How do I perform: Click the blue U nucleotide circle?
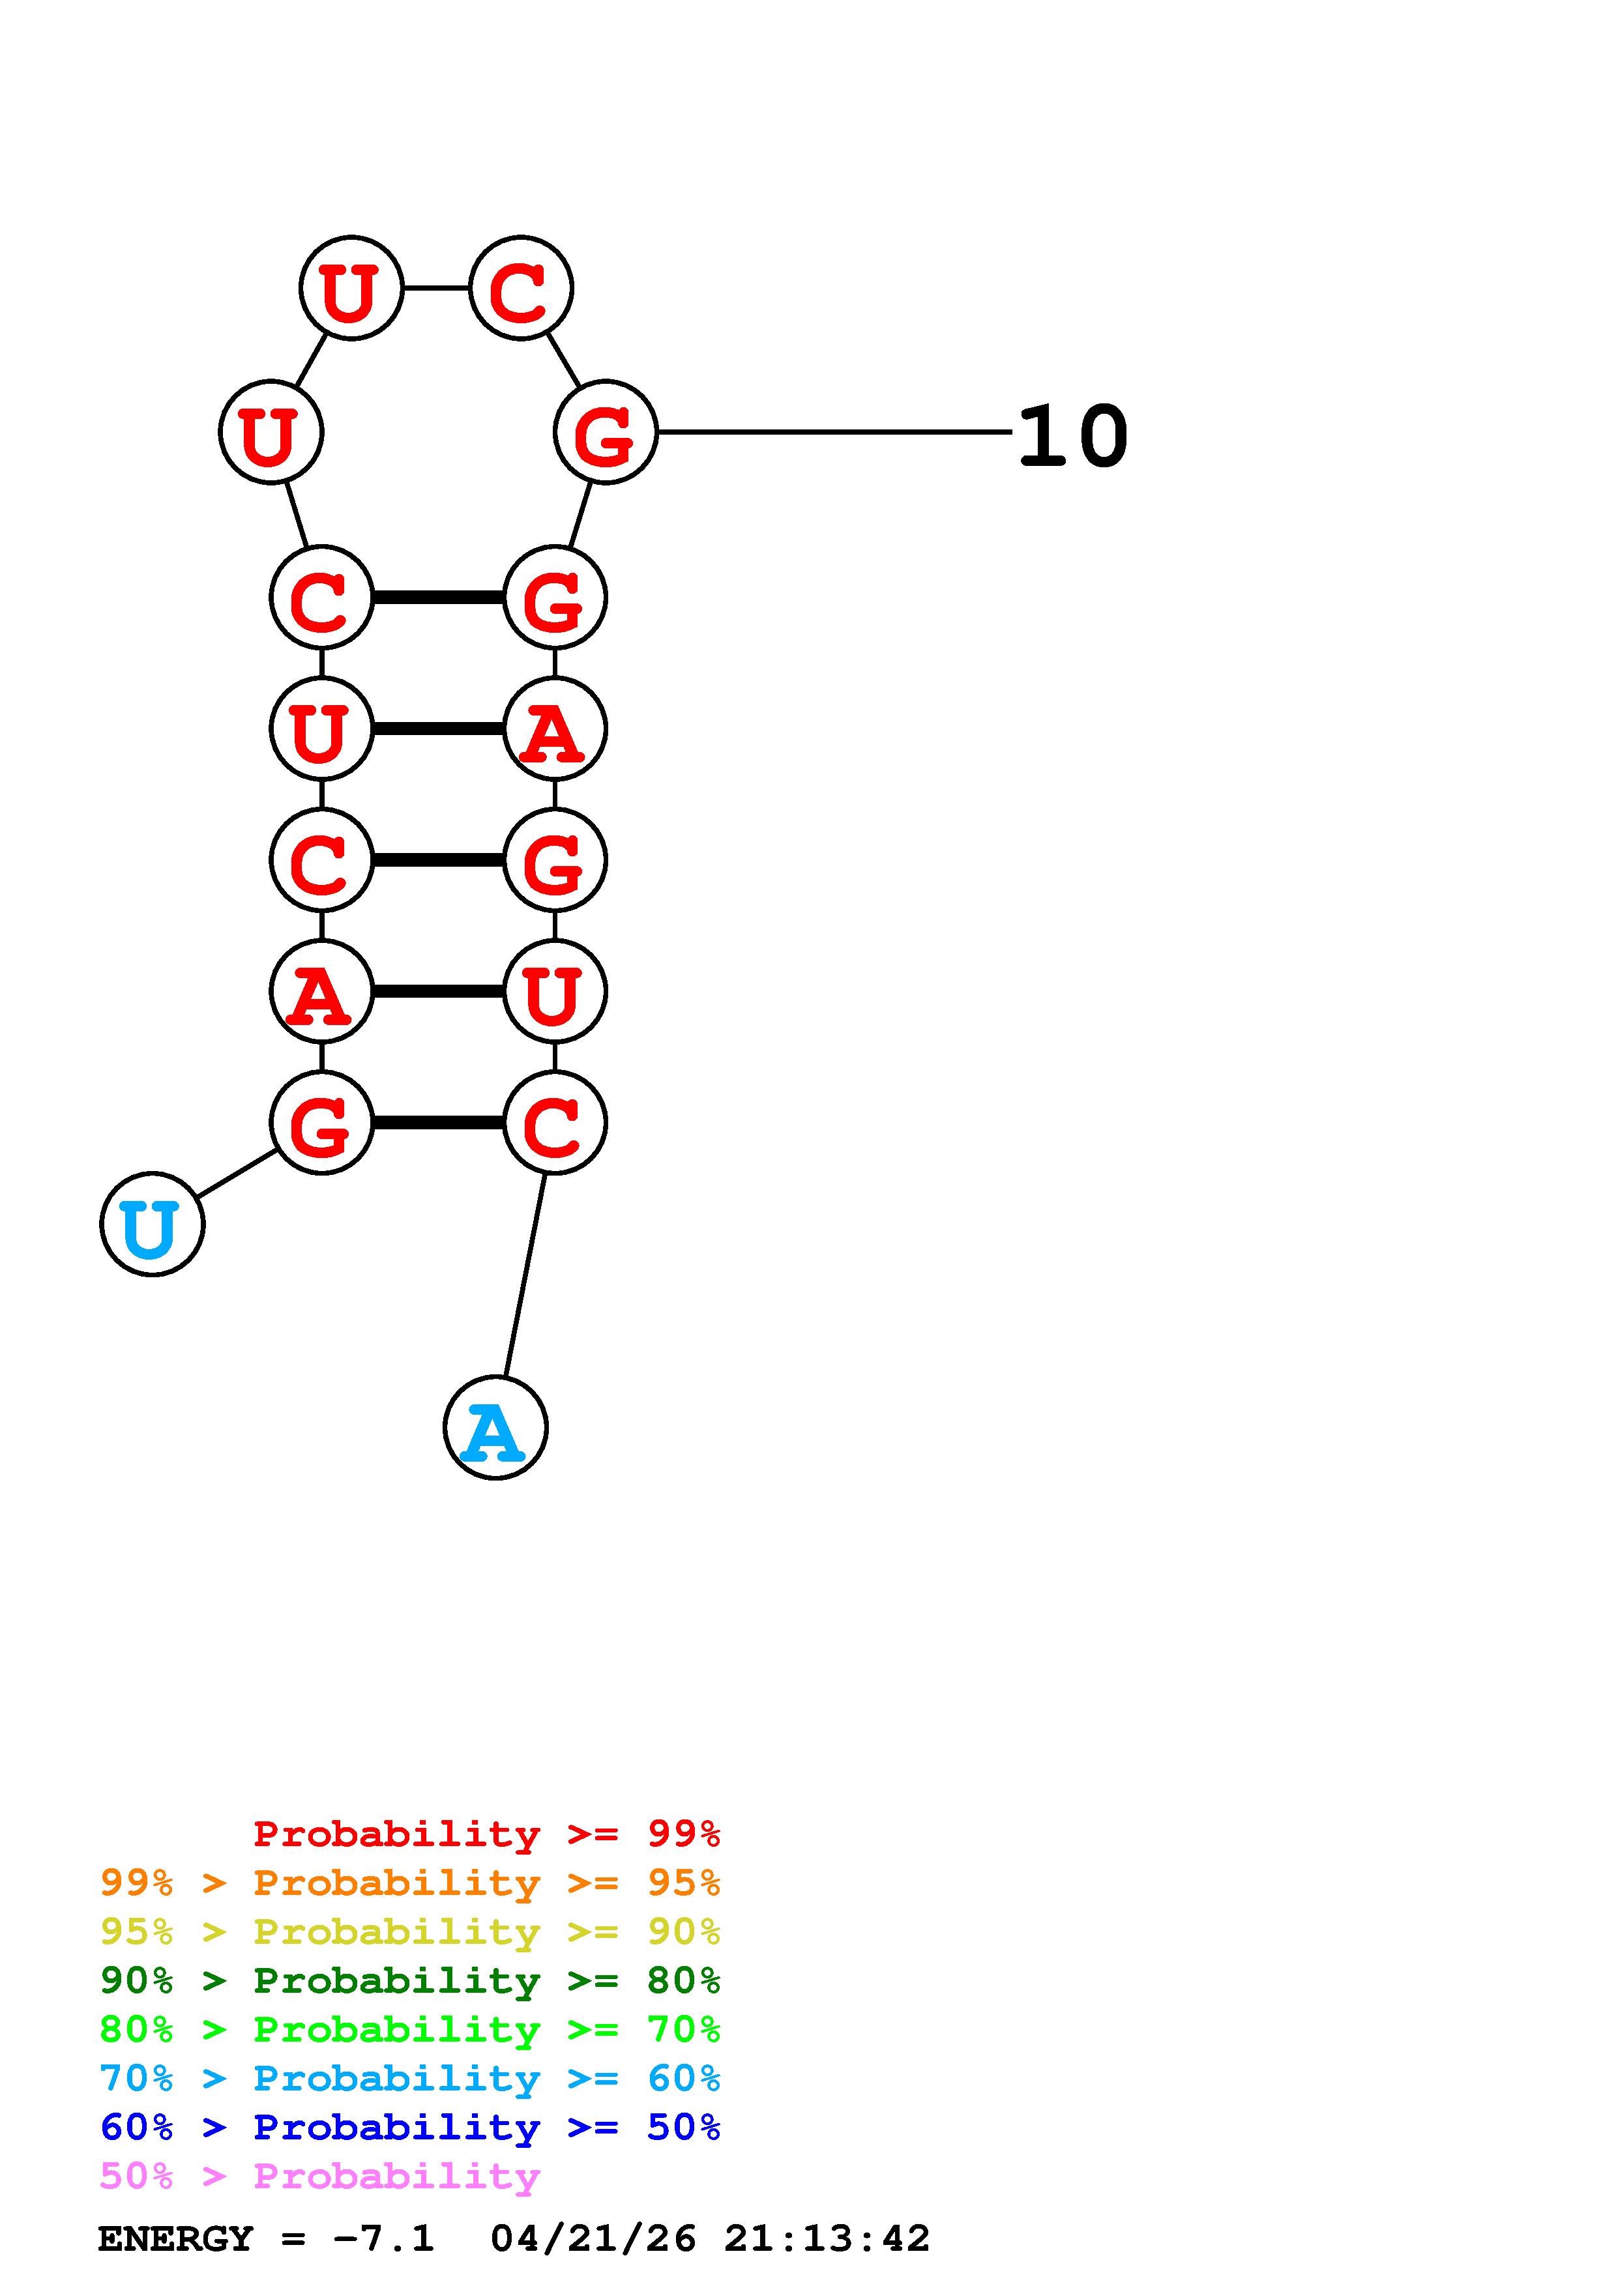pos(153,1224)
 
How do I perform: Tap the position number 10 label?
pos(1074,435)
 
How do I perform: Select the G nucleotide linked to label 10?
pos(606,432)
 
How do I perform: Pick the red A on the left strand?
pos(321,992)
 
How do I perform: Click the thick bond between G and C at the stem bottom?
pos(438,1123)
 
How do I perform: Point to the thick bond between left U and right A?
pos(438,729)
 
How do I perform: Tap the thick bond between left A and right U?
pos(438,992)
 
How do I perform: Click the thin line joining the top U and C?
pos(436,288)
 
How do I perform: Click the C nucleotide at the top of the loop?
pos(521,288)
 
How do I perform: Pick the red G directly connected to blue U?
pos(321,1123)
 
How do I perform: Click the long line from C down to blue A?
pos(525,1275)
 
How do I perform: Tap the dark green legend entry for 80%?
pos(410,1980)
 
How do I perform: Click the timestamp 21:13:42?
pos(827,2238)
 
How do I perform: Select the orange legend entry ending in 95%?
pos(410,1883)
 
